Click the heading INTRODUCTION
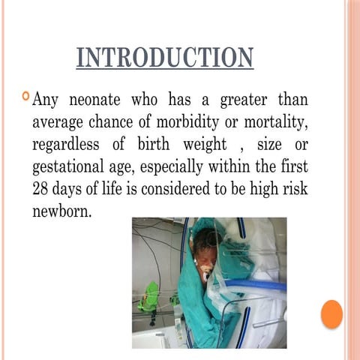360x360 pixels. pos(164,58)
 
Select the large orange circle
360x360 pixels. pos(331,313)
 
